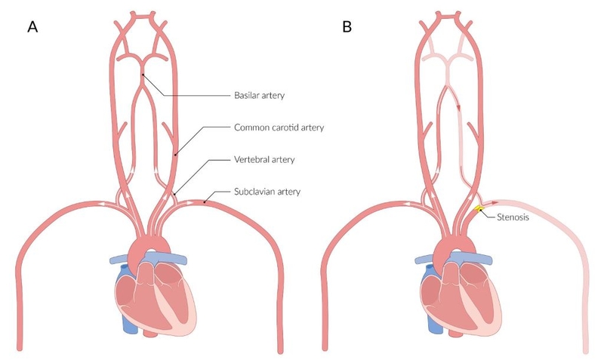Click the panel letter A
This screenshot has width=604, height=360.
point(32,27)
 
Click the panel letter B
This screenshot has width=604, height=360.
point(347,27)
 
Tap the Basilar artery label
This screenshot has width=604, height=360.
point(260,97)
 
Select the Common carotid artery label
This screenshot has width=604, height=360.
point(279,128)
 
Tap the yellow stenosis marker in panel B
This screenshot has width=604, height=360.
point(479,208)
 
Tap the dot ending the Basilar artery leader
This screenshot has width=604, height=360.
point(143,75)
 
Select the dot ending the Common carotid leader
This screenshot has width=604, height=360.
point(175,155)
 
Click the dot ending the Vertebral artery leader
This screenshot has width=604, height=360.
point(175,195)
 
